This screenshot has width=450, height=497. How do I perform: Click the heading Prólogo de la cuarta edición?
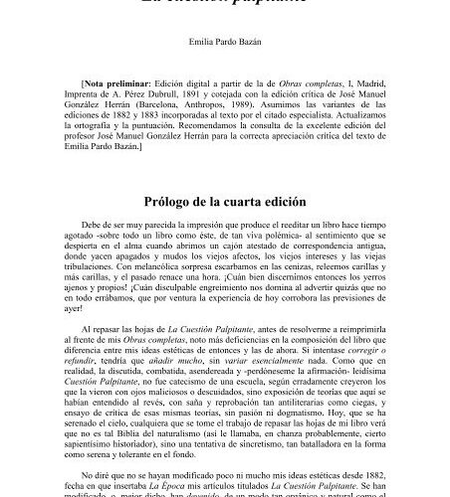224,201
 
